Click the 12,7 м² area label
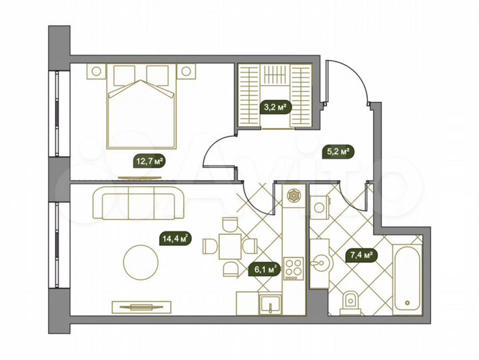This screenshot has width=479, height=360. click(x=149, y=161)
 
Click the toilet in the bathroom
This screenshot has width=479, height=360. click(x=349, y=303)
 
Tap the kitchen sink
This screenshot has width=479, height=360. click(x=271, y=303)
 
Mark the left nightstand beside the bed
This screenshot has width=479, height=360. click(x=97, y=71)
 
